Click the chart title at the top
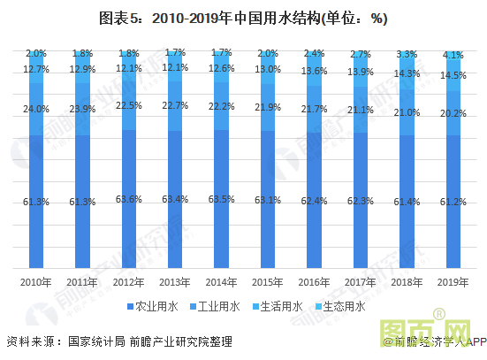point(243,19)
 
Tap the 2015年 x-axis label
point(268,281)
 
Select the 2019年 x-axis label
point(454,281)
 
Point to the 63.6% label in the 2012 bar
point(128,199)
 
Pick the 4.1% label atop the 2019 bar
point(454,55)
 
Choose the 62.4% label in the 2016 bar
point(315,201)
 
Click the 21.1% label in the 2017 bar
point(361,111)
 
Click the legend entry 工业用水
point(213,307)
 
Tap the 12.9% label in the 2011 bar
point(82,69)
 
